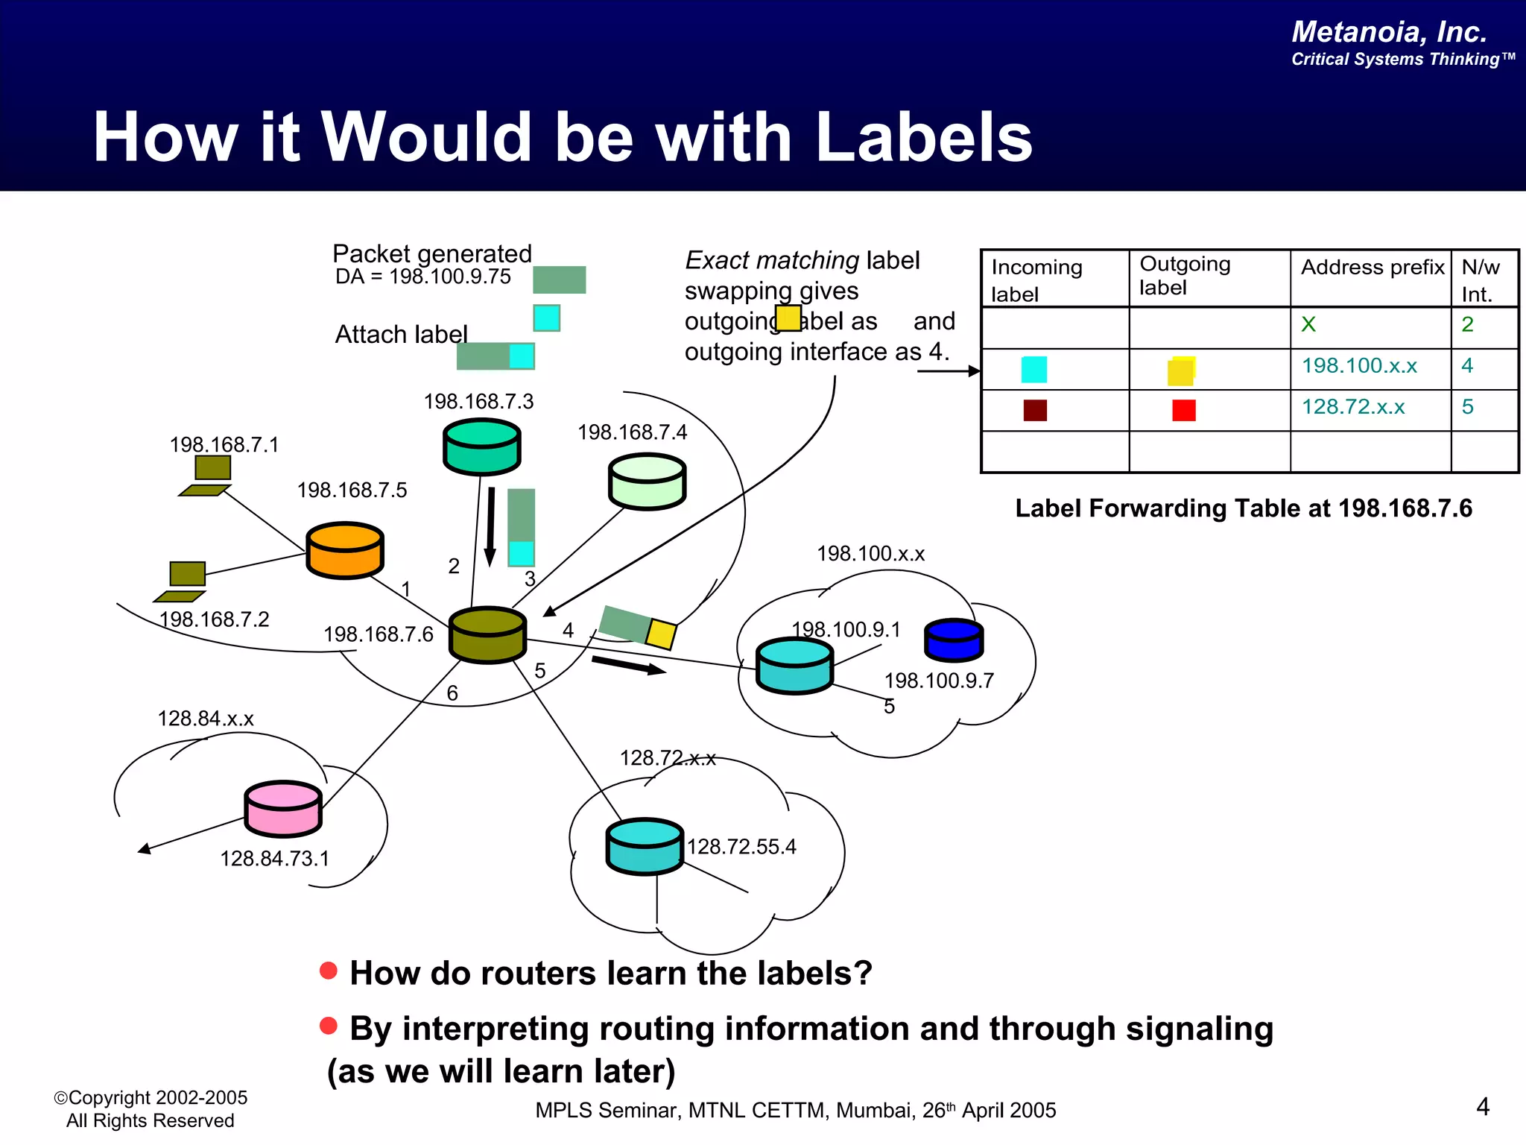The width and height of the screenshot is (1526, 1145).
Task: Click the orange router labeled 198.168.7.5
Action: tap(344, 551)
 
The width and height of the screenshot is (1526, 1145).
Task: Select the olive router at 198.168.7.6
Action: tap(487, 635)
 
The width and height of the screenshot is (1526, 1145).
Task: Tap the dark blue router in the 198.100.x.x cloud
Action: tap(954, 640)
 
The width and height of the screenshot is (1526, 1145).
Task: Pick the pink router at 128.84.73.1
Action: tap(283, 809)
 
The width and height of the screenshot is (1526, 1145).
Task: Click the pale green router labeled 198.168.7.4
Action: tap(647, 482)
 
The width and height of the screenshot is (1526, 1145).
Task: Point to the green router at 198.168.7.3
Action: tap(481, 447)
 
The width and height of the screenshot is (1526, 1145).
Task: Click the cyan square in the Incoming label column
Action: tap(1033, 369)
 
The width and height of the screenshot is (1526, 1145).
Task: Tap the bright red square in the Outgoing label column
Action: tap(1183, 410)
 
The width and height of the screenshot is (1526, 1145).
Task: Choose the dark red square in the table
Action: tap(1035, 410)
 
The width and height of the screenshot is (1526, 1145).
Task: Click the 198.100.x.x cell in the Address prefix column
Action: tap(1359, 366)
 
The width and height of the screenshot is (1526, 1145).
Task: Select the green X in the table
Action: tap(1308, 324)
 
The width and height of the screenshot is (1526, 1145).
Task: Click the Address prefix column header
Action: tap(1372, 268)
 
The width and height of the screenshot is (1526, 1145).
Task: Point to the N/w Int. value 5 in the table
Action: tap(1467, 407)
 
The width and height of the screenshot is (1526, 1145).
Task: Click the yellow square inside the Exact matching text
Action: tap(788, 318)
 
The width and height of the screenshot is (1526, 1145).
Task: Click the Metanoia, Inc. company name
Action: tap(1389, 32)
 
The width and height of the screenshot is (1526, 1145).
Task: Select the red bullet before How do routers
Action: tap(329, 971)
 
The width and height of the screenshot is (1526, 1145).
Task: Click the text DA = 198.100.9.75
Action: tap(422, 277)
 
